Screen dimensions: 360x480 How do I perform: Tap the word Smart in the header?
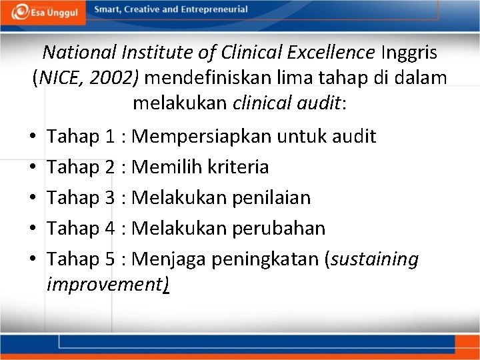point(109,10)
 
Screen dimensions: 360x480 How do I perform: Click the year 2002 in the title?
point(115,77)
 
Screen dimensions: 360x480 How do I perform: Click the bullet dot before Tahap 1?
point(32,138)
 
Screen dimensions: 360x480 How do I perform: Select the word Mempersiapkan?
point(202,137)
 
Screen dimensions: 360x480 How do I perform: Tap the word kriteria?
point(238,167)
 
